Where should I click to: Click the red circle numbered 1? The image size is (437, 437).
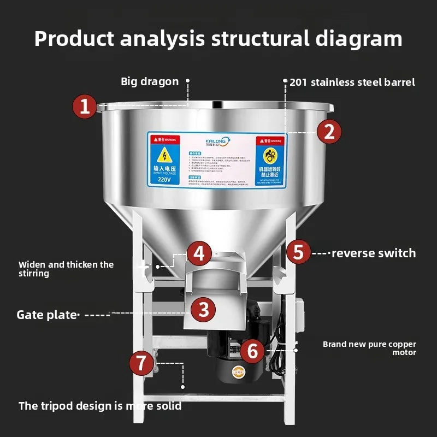point(85,106)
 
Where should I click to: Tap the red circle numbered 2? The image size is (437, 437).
point(329,132)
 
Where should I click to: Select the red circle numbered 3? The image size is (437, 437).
point(203,310)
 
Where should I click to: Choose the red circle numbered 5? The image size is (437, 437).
point(298,252)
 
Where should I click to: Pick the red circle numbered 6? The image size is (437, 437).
point(252,351)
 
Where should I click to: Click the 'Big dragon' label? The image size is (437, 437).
point(150,82)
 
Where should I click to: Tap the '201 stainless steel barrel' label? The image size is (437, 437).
point(352,82)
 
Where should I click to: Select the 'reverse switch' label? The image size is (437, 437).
point(374,253)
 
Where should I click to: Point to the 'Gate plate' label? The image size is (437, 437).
point(47,315)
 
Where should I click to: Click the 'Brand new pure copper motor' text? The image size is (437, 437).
point(369,348)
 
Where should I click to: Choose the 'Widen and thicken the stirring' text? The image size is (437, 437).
point(66,268)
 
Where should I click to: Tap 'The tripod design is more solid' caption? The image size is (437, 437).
point(100,406)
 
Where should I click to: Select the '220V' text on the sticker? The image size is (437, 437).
point(163,179)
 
